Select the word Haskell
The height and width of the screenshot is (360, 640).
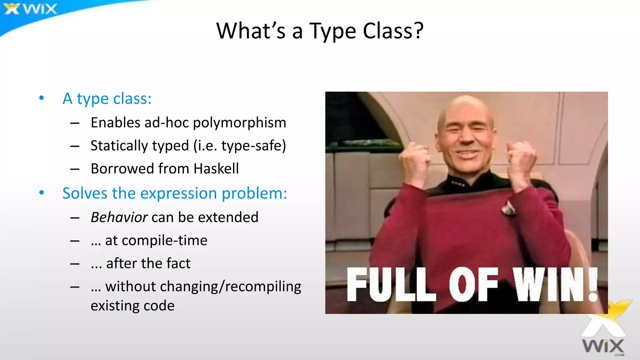click(x=216, y=169)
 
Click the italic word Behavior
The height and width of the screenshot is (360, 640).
click(x=119, y=217)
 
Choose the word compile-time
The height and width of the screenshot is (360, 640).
click(x=164, y=240)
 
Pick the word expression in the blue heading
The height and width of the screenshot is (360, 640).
click(x=178, y=193)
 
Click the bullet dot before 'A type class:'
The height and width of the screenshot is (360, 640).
click(x=42, y=98)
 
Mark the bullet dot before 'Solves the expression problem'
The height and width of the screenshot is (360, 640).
click(x=42, y=193)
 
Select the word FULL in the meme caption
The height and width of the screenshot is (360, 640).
click(x=391, y=285)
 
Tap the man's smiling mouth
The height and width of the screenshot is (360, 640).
click(x=465, y=153)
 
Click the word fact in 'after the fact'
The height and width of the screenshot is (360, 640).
click(x=178, y=263)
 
